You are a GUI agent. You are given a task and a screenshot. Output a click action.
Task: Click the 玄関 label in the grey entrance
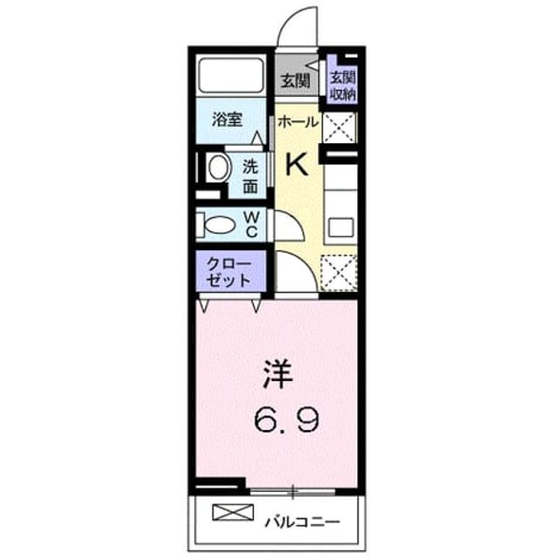pyautogui.click(x=295, y=81)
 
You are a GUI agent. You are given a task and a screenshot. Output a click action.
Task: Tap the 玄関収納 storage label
pyautogui.click(x=343, y=86)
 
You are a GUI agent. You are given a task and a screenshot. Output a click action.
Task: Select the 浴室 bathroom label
pyautogui.click(x=227, y=119)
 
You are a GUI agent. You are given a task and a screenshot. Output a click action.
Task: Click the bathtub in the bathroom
pyautogui.click(x=231, y=75)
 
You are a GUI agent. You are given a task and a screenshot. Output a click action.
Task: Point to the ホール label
pyautogui.click(x=297, y=122)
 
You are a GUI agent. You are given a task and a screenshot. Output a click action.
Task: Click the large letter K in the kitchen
pyautogui.click(x=297, y=164)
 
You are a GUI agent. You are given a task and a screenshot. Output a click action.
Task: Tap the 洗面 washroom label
pyautogui.click(x=250, y=176)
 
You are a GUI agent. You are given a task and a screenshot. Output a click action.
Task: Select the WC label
pyautogui.click(x=251, y=224)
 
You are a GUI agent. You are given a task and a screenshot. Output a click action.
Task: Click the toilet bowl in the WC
pyautogui.click(x=220, y=225)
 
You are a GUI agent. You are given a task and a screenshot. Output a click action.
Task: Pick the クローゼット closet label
pyautogui.click(x=228, y=272)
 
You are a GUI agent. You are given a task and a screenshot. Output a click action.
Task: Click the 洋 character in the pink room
pyautogui.click(x=277, y=374)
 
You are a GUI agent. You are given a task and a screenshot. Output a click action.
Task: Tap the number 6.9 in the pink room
pyautogui.click(x=286, y=419)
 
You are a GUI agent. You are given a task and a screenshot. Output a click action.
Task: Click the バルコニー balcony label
pyautogui.click(x=303, y=523)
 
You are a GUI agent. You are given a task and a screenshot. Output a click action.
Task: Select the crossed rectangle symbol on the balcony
pyautogui.click(x=233, y=513)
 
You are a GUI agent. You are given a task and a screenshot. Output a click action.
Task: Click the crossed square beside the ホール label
pyautogui.click(x=339, y=127)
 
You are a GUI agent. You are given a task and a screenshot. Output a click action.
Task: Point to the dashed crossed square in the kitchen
pyautogui.click(x=338, y=273)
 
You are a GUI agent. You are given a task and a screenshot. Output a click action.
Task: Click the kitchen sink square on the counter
pyautogui.click(x=341, y=228)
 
